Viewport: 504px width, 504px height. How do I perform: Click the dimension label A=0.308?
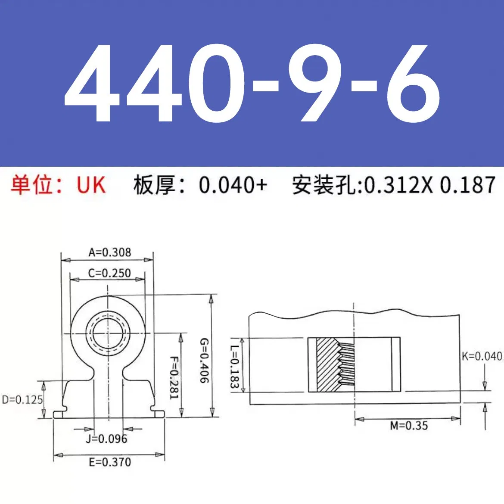coord(109,252)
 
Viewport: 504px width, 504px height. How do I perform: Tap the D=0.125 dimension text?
coord(22,400)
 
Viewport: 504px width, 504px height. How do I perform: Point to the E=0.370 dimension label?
coord(110,462)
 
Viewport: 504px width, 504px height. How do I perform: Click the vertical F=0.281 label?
coord(173,377)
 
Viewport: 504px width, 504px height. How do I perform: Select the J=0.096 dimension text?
coord(106,439)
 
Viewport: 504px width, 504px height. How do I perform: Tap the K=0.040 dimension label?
coord(482,356)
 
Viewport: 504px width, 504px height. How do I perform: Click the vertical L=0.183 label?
coord(234,366)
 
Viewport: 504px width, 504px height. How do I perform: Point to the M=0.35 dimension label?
coord(409,426)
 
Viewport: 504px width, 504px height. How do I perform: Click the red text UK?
coord(91,185)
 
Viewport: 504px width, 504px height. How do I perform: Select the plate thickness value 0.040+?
coord(233,185)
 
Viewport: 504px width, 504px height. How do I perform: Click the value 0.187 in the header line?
coord(467,185)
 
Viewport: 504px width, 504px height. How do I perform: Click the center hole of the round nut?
coord(108,333)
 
